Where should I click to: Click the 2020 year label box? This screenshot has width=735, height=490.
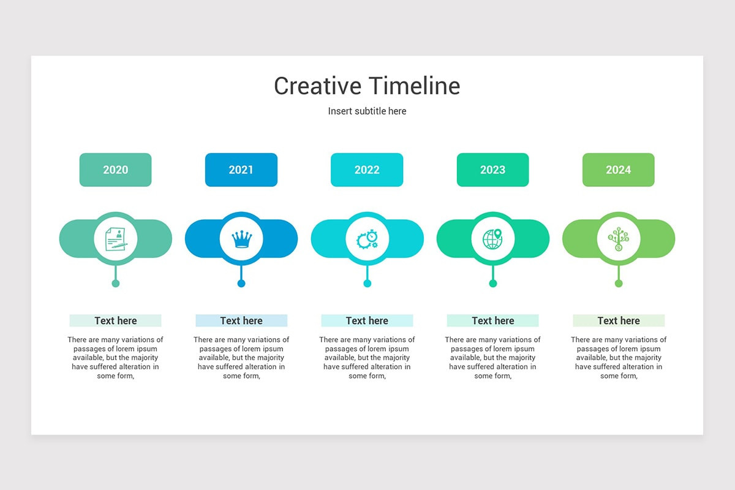click(115, 170)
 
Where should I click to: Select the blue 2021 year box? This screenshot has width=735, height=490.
click(241, 170)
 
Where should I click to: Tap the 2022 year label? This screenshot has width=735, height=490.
click(367, 170)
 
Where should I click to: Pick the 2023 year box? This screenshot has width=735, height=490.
click(492, 170)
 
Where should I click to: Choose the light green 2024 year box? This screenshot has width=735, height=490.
click(618, 170)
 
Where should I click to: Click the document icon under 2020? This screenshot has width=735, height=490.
click(116, 239)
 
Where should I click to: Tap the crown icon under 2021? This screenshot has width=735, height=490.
click(241, 239)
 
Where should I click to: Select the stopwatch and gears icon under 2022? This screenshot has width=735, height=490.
click(367, 239)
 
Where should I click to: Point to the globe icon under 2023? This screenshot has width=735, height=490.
click(492, 239)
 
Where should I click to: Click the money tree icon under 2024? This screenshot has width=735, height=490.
click(619, 239)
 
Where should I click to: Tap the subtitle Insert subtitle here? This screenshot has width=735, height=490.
click(367, 111)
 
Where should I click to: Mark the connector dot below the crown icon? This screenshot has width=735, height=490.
click(241, 283)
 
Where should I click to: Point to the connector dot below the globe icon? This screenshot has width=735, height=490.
click(493, 283)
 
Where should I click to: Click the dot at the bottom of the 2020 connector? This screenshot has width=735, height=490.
click(116, 283)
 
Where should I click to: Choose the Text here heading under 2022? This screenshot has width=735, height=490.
click(367, 320)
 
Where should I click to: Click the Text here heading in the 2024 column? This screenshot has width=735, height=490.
click(619, 320)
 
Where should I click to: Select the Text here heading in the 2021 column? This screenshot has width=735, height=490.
click(241, 320)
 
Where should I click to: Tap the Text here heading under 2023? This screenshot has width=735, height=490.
click(493, 320)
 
